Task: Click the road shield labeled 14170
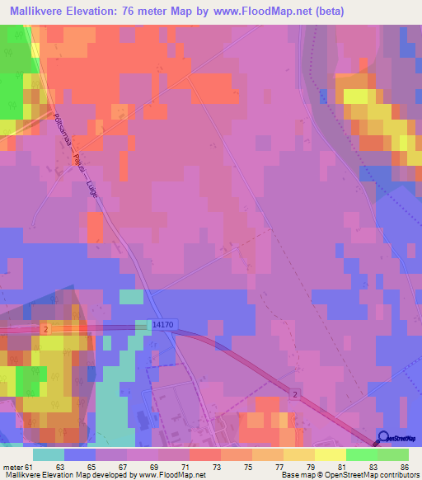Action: pos(162,327)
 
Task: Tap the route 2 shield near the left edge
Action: pos(48,329)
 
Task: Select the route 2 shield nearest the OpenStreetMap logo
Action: pos(294,396)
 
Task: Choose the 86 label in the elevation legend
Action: pos(404,467)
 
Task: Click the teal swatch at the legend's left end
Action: pos(49,454)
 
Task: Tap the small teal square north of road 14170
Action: pos(131,297)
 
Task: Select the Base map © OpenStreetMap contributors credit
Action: pos(349,476)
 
